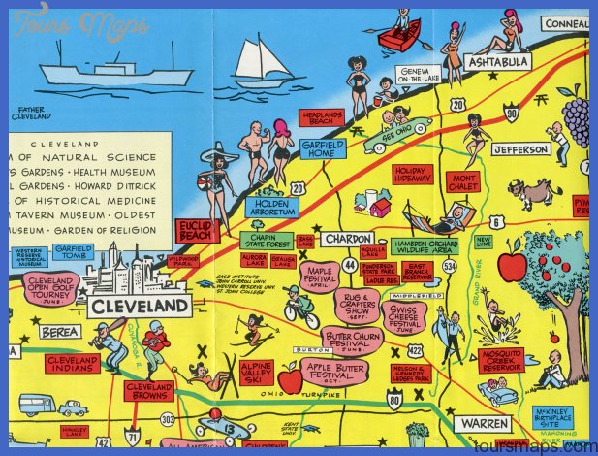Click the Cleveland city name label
(140, 307)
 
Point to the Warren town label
(484, 424)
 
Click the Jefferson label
(520, 149)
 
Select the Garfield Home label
(323, 148)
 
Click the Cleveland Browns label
(149, 390)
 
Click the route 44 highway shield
(349, 263)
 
